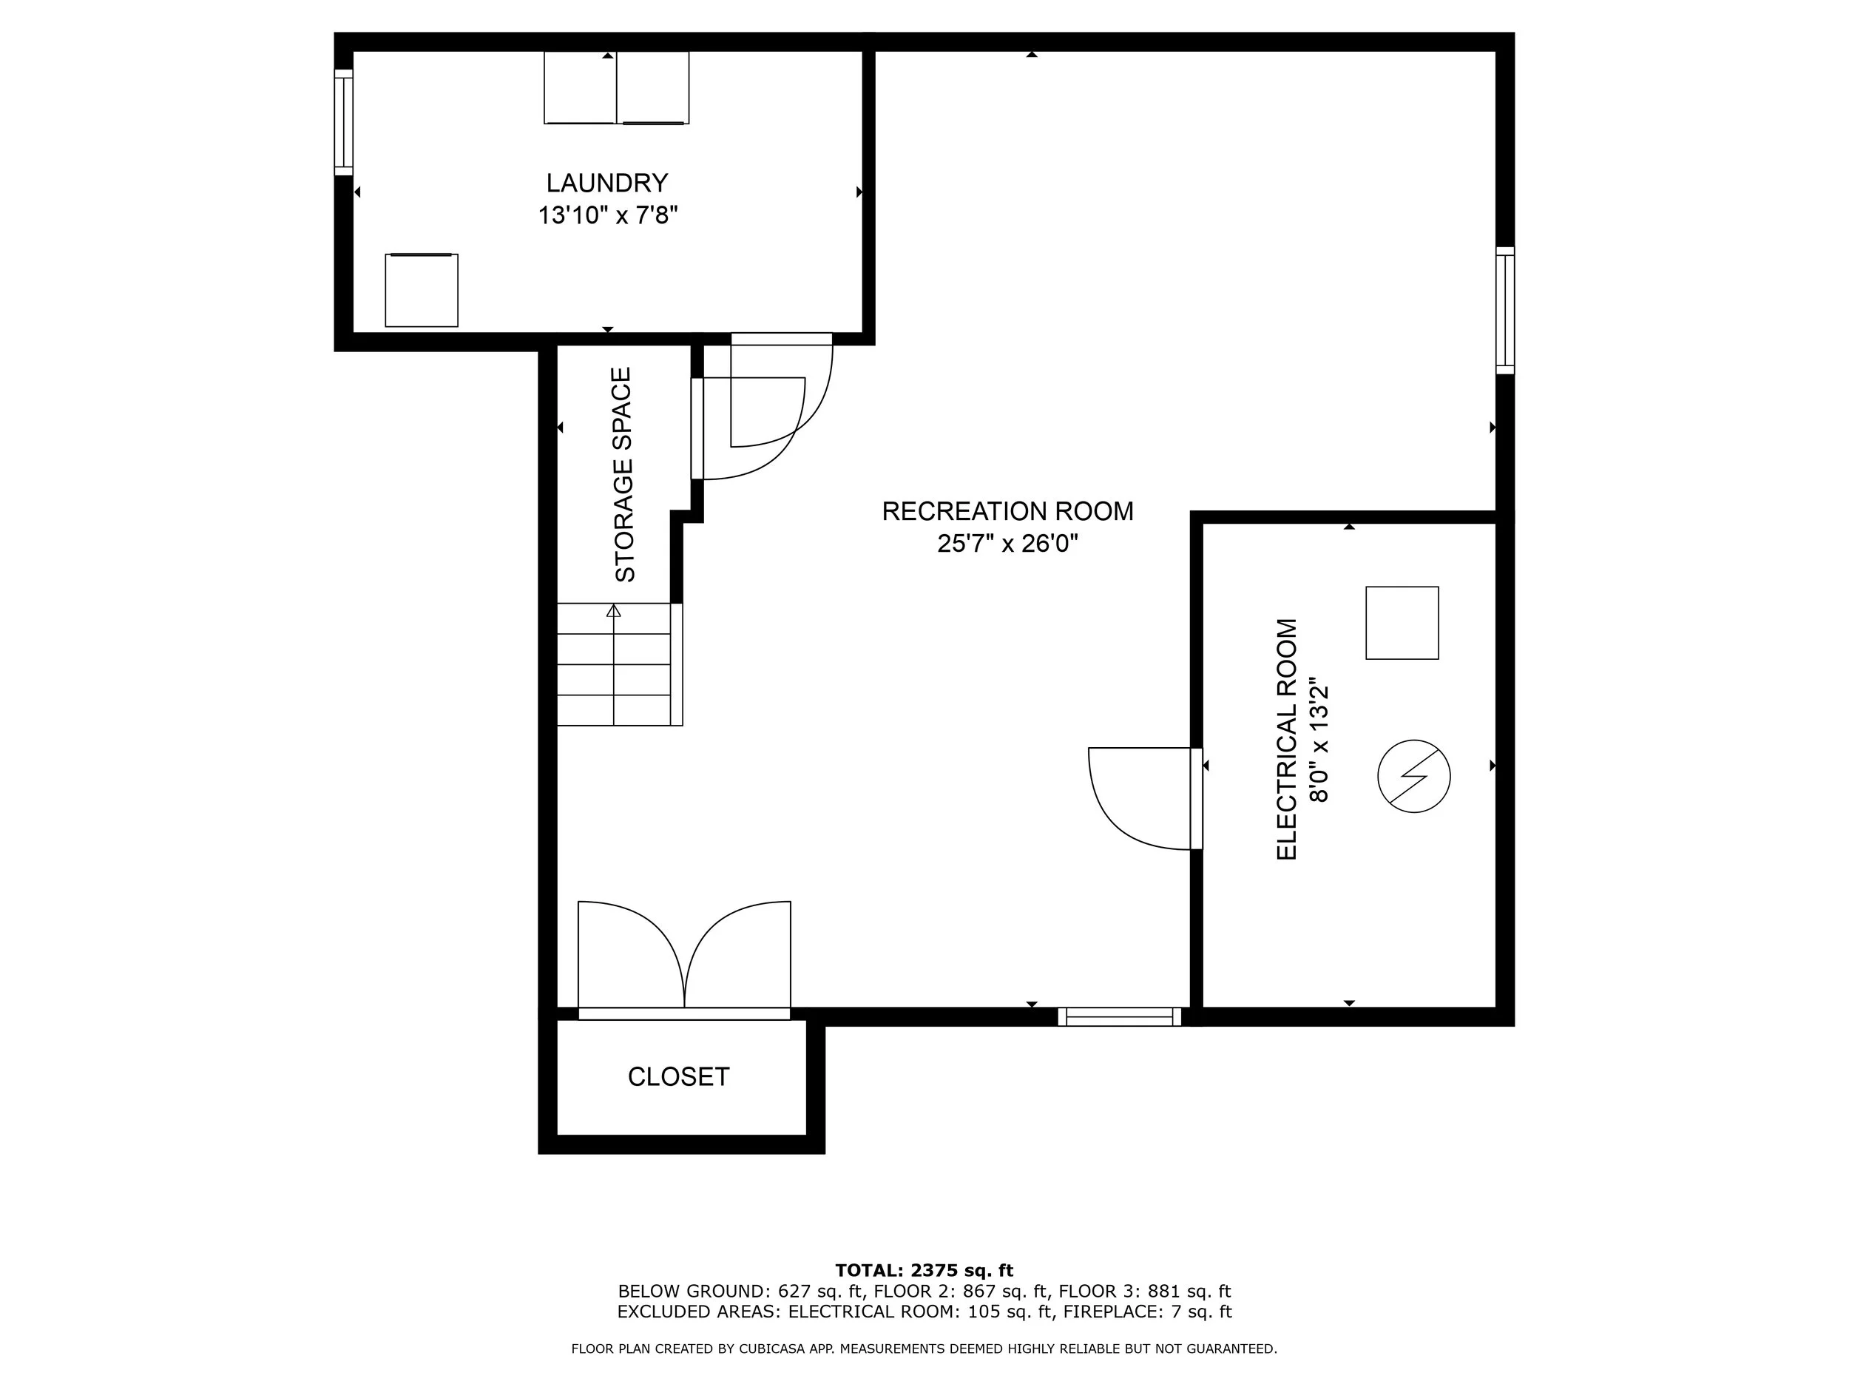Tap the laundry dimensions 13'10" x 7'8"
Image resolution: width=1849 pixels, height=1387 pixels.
click(x=607, y=216)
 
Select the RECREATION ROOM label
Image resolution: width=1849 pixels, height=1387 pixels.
click(x=1007, y=511)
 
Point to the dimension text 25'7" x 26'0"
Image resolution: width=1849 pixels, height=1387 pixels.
click(x=1007, y=544)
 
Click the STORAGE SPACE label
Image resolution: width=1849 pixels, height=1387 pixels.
click(x=624, y=475)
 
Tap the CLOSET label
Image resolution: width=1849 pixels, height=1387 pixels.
click(x=678, y=1077)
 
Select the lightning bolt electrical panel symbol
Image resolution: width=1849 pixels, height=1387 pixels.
click(x=1413, y=776)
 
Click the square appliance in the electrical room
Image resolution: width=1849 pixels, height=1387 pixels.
click(x=1402, y=623)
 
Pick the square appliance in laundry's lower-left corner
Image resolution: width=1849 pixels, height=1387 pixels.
click(x=422, y=290)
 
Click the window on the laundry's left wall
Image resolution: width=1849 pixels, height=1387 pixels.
click(x=344, y=122)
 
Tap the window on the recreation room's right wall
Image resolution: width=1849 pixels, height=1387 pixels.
click(x=1504, y=310)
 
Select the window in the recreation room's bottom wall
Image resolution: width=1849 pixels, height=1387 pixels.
click(x=1119, y=1016)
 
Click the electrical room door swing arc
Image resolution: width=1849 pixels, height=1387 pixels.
click(x=1120, y=815)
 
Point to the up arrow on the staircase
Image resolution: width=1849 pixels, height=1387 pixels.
click(x=614, y=611)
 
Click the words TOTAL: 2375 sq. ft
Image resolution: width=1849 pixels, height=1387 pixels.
click(x=924, y=1271)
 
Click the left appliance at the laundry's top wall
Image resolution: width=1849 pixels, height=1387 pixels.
click(x=580, y=88)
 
